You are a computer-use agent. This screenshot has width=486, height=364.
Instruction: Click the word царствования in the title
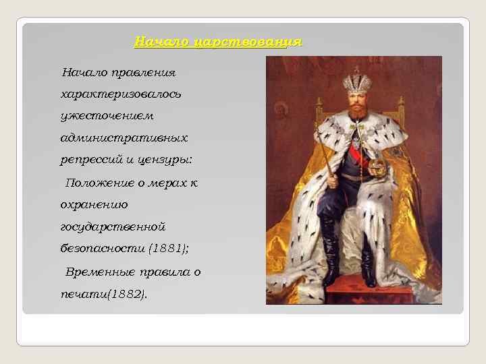pyautogui.click(x=247, y=42)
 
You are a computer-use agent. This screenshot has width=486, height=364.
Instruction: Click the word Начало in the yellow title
pyautogui.click(x=161, y=42)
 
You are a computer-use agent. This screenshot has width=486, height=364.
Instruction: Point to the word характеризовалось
pyautogui.click(x=120, y=93)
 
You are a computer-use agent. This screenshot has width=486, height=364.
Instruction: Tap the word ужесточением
pyautogui.click(x=107, y=115)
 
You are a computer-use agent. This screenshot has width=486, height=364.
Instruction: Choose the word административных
pyautogui.click(x=124, y=138)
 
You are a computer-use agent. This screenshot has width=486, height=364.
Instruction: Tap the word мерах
pyautogui.click(x=164, y=183)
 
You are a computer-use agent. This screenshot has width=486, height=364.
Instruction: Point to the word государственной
pyautogui.click(x=113, y=226)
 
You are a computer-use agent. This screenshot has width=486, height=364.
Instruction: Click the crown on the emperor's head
pyautogui.click(x=357, y=82)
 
